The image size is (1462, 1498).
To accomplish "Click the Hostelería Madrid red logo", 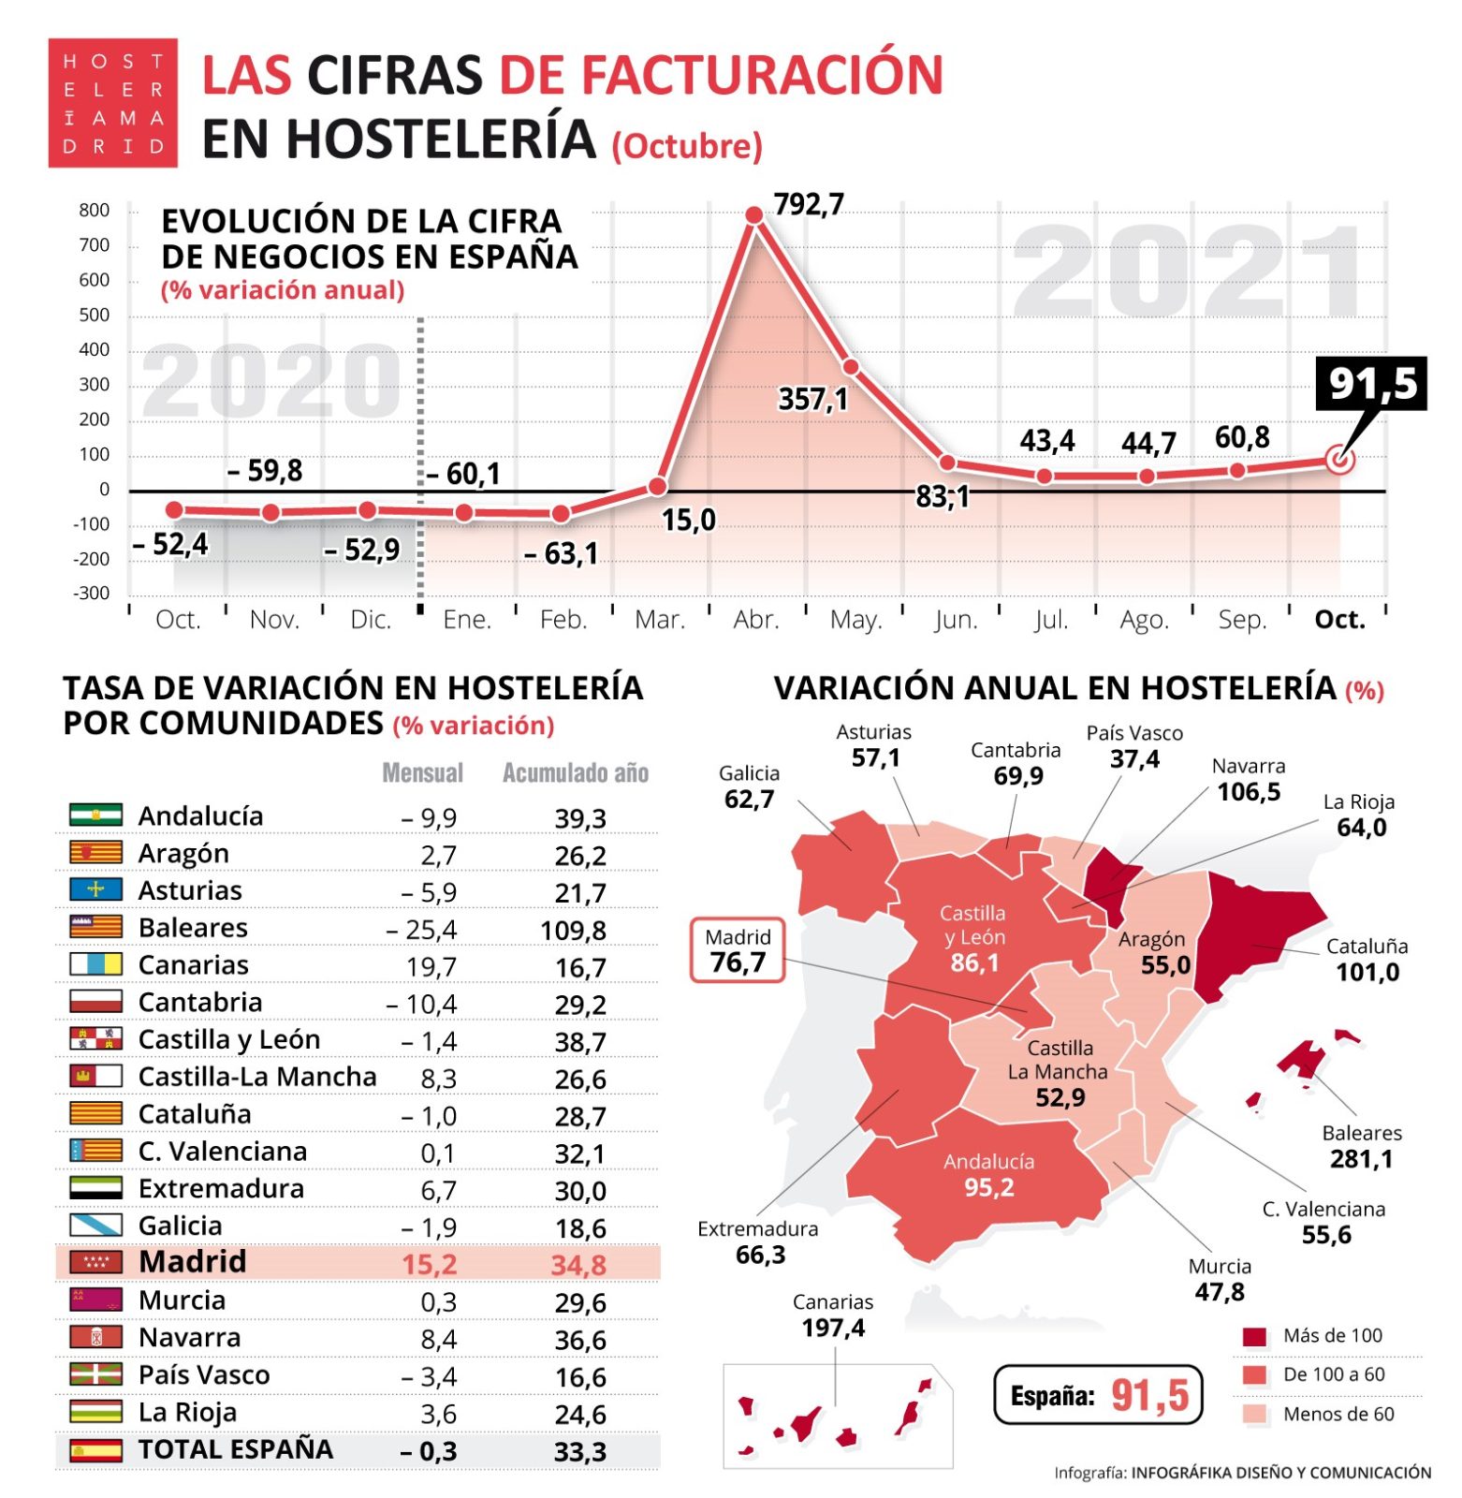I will tap(112, 103).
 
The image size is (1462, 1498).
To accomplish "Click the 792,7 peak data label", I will tap(809, 204).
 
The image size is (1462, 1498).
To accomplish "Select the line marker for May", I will tap(851, 367).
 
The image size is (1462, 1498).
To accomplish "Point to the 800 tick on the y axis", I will tap(95, 211).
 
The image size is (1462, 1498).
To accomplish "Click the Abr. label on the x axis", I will tap(755, 620).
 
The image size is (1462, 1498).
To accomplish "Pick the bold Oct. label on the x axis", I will tap(1339, 620).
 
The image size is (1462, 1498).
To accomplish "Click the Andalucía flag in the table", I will tap(95, 815).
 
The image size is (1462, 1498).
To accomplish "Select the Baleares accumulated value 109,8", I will tap(573, 931).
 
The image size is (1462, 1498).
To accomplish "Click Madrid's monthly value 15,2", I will tap(429, 1265).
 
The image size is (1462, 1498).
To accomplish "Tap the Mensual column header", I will tap(422, 773).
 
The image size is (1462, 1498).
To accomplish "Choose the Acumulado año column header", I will tap(575, 773).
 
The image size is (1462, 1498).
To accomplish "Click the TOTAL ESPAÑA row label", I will tap(235, 1449).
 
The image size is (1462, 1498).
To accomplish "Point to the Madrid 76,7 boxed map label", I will tap(738, 950).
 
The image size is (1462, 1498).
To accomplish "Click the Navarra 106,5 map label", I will tap(1249, 780).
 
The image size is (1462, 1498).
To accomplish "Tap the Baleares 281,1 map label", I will tap(1361, 1147).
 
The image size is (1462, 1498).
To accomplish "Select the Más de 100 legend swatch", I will tap(1254, 1336).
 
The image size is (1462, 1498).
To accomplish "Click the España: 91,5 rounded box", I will tap(1097, 1395).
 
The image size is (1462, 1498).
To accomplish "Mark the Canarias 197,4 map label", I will tap(832, 1315).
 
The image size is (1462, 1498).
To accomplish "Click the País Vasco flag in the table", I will tap(95, 1374).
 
